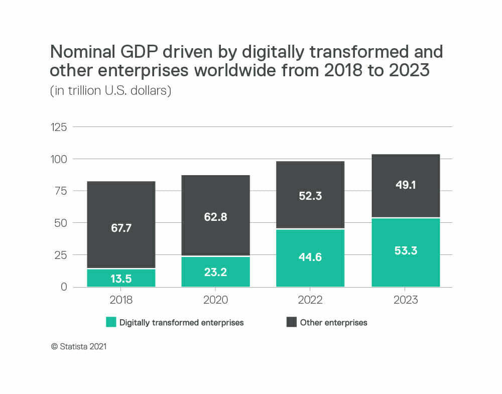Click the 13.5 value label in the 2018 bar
(x=121, y=279)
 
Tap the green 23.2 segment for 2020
(x=215, y=272)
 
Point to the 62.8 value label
(x=215, y=217)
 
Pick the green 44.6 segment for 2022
(x=310, y=258)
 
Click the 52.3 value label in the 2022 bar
(x=310, y=196)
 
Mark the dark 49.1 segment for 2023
(x=406, y=185)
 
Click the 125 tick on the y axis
(x=59, y=127)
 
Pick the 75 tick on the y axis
(x=61, y=191)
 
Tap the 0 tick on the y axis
(x=64, y=287)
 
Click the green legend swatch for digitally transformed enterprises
(x=111, y=322)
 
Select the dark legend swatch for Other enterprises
(x=292, y=322)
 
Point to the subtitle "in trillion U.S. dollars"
(x=110, y=92)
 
